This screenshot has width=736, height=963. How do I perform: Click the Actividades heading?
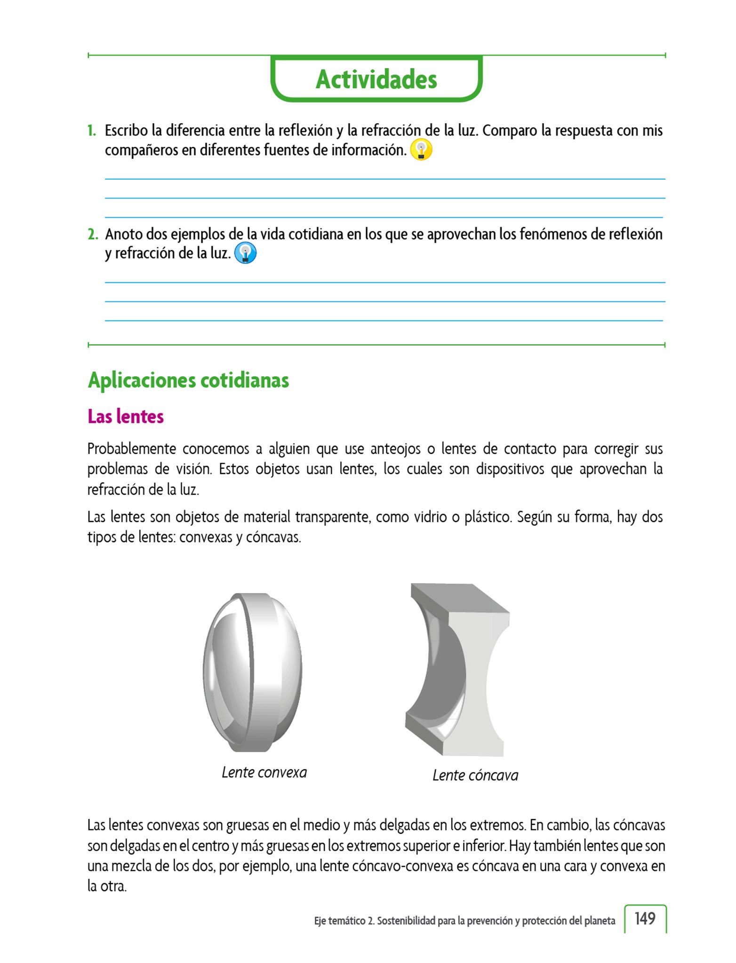tap(376, 79)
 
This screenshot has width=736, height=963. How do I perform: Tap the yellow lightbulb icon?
tap(421, 150)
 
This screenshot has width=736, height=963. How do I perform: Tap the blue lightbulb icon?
tap(245, 253)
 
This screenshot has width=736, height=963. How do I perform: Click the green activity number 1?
tap(92, 130)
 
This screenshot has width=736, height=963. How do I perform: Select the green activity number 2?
tap(93, 234)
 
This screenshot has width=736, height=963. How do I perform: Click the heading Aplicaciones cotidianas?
tap(188, 380)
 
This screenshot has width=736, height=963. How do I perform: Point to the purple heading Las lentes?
tap(126, 417)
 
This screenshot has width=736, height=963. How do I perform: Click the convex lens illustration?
tap(252, 672)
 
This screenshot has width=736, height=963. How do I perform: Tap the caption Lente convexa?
tap(264, 772)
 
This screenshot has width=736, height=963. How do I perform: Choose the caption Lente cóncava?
tap(475, 775)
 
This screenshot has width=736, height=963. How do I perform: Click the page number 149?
tap(645, 918)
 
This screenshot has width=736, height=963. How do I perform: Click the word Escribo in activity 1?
tap(126, 130)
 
